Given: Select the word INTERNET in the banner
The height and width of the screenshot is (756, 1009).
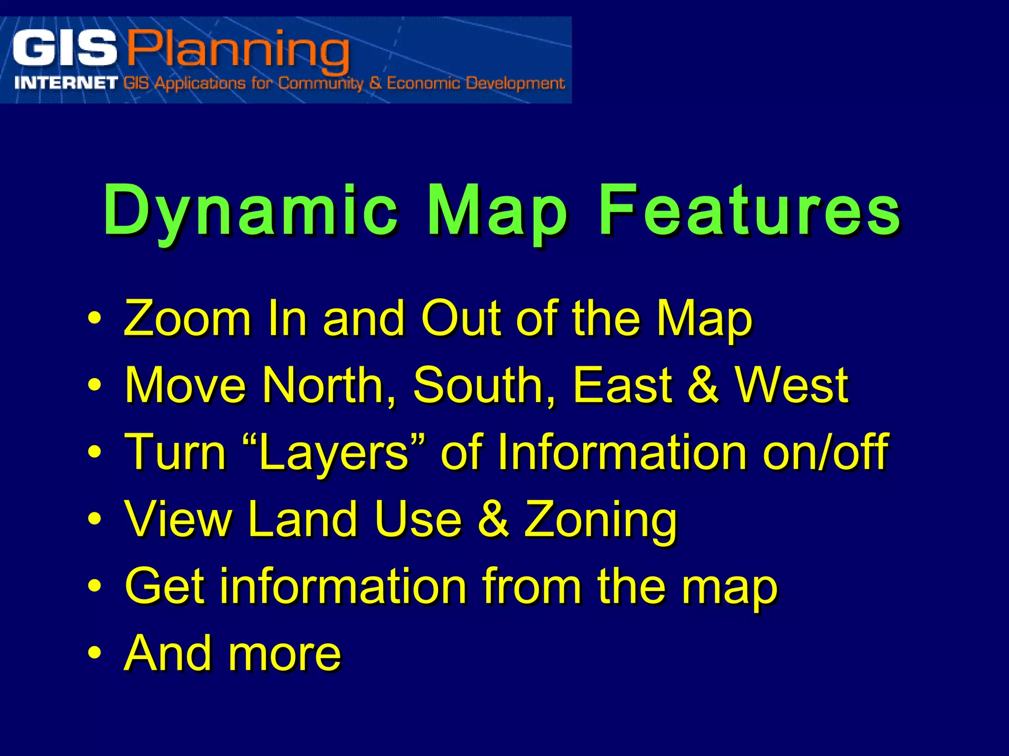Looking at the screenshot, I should click(66, 83).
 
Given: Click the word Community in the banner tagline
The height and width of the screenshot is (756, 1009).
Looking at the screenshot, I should click(320, 83).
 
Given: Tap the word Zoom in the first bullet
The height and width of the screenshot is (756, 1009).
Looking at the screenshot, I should click(187, 319).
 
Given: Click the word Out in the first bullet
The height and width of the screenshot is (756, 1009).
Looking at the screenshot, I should click(461, 319).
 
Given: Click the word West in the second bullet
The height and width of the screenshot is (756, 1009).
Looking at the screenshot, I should click(791, 385).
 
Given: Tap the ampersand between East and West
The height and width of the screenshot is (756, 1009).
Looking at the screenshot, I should click(703, 385).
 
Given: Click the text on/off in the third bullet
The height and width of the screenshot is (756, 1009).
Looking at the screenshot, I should click(825, 452).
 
